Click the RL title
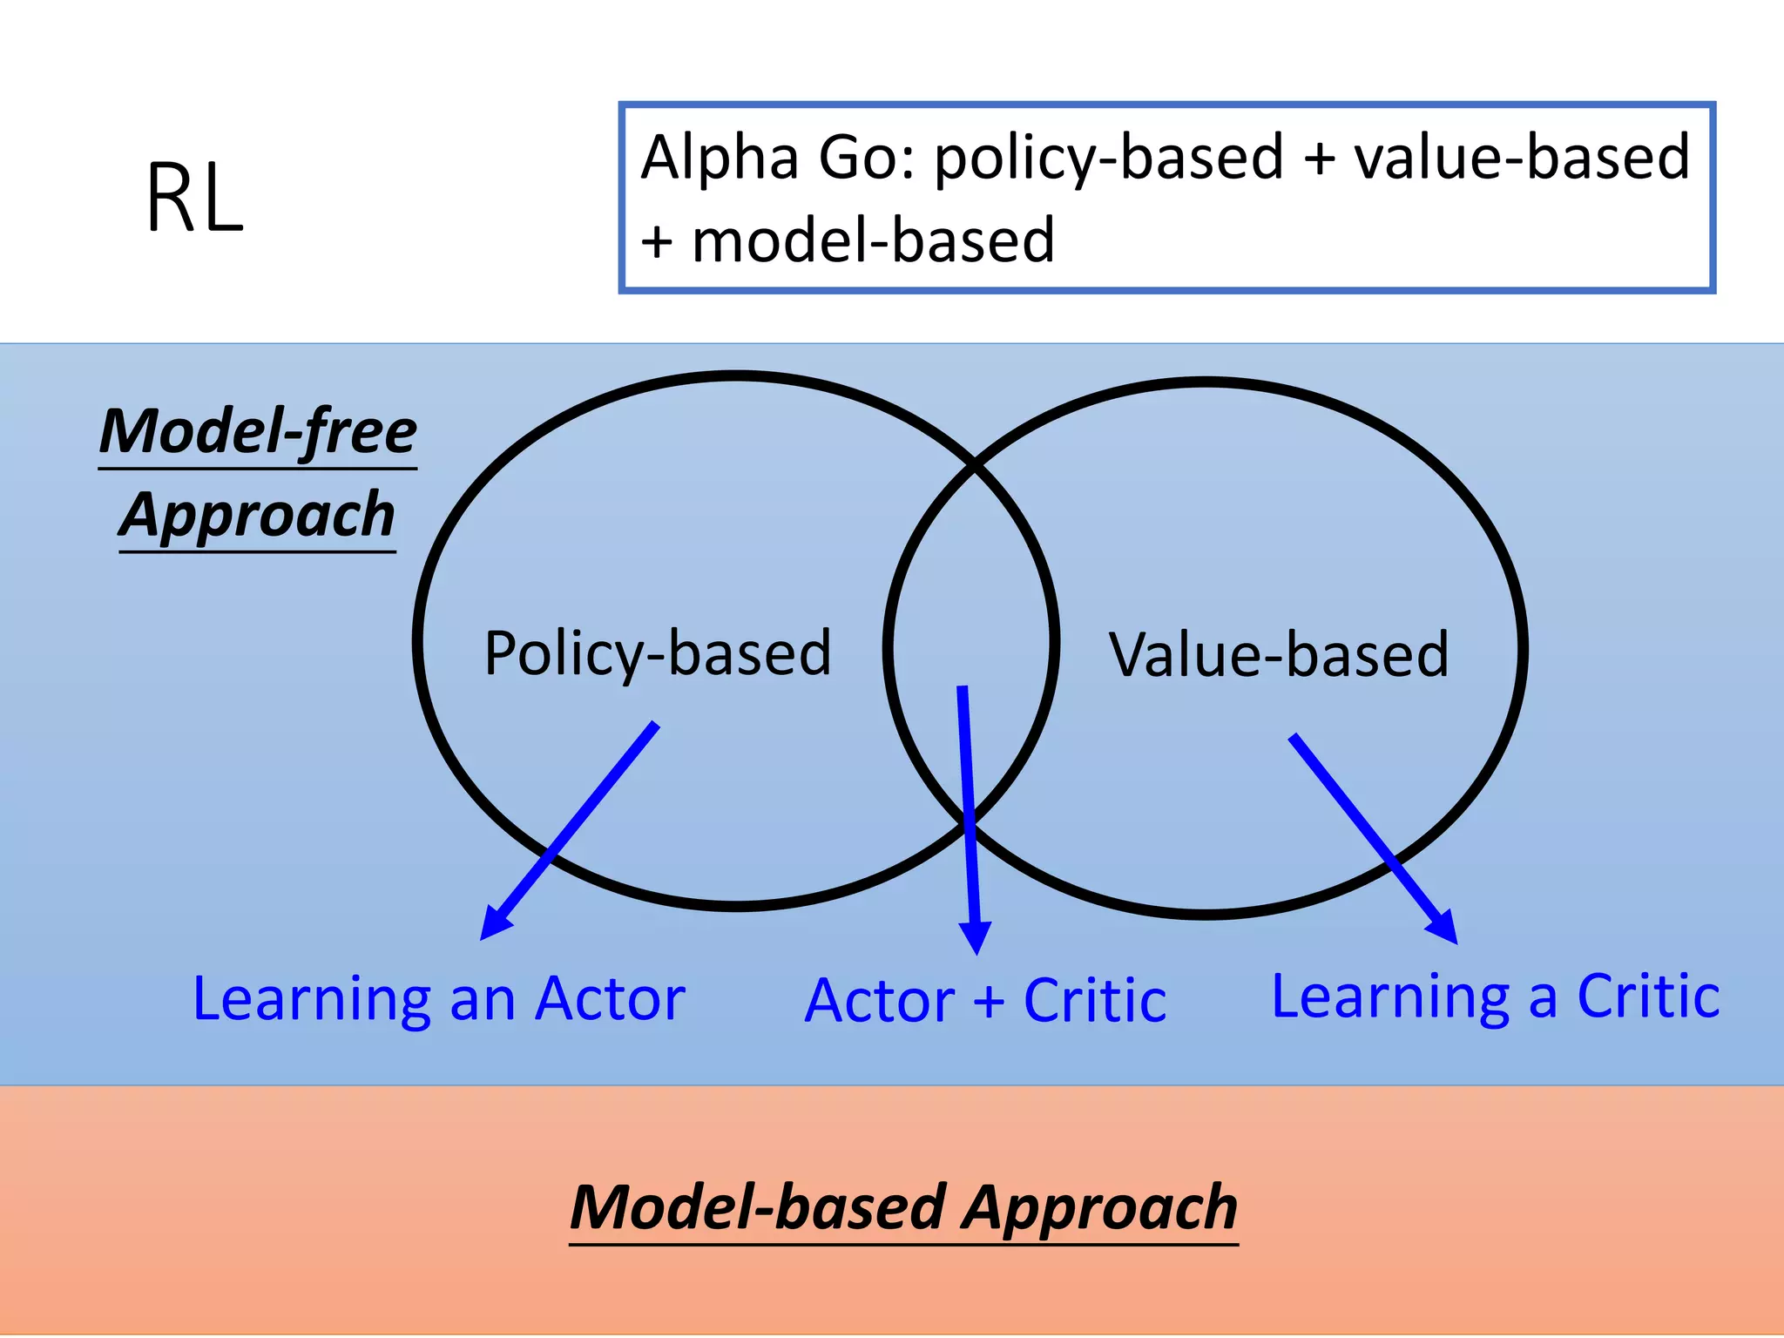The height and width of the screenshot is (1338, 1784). pos(194,199)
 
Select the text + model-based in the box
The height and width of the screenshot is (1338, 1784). pos(847,241)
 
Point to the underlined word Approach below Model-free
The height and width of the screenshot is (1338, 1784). pos(258,515)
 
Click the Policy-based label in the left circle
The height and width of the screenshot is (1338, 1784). pos(658,653)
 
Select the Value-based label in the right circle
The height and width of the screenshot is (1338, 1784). pos(1279,655)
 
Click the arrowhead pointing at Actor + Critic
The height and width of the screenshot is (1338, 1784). pos(976,939)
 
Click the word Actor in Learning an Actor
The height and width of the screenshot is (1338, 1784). pos(610,998)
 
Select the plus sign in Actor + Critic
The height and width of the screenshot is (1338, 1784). pos(989,1002)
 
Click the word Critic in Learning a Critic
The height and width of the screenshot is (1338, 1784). pos(1648,996)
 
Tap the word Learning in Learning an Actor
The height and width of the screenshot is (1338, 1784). pos(312,1000)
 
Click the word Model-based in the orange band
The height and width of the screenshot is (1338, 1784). pos(758,1207)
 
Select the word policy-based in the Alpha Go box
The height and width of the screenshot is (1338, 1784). pos(1109,159)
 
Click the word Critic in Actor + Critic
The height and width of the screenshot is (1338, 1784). pos(1095,1001)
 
